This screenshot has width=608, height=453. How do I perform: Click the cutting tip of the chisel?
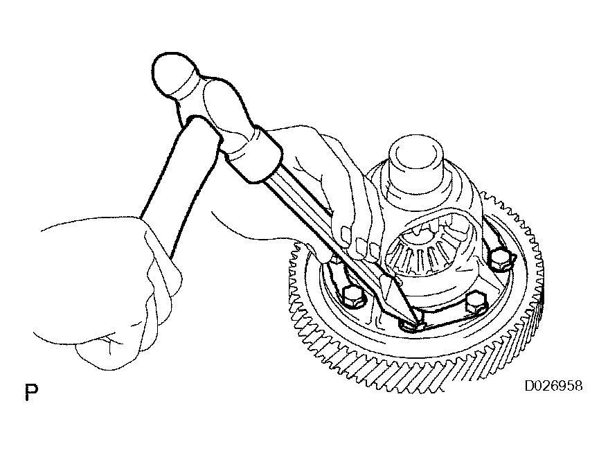pyautogui.click(x=418, y=323)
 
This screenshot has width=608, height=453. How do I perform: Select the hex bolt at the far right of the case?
pyautogui.click(x=500, y=259)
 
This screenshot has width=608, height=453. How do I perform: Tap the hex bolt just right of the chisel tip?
pyautogui.click(x=475, y=303)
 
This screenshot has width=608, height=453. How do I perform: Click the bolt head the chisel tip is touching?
pyautogui.click(x=412, y=325)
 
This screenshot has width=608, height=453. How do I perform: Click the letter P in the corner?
pyautogui.click(x=31, y=392)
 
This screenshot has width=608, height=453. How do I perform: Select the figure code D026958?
pyautogui.click(x=553, y=386)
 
